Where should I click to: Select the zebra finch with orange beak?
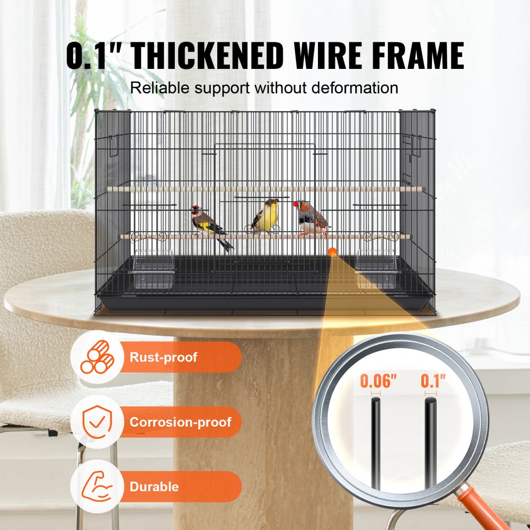311,217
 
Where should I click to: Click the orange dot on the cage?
332,252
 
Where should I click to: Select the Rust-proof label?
163,357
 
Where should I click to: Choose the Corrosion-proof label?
180,422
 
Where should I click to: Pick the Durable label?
154,487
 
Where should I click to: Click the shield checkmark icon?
96,422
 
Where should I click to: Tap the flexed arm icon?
96,487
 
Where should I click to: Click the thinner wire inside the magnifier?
375,445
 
